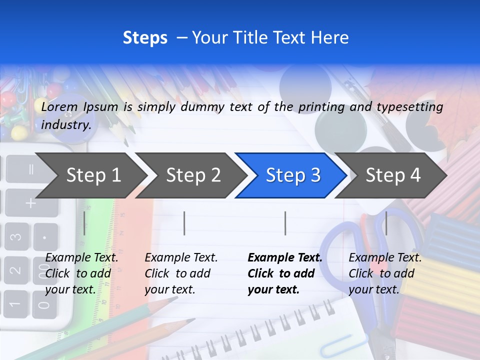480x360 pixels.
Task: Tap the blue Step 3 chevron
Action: point(292,175)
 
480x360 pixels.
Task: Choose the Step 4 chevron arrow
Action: point(392,175)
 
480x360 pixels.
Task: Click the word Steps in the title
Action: point(145,38)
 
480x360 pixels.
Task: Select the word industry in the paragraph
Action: point(65,124)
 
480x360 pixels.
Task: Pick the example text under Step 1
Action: point(81,273)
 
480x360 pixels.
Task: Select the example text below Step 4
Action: point(385,273)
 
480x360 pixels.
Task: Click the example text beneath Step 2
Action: point(181,273)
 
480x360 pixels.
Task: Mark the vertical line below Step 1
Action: point(84,223)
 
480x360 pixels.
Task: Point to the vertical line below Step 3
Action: point(285,223)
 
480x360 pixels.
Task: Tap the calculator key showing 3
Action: point(16,235)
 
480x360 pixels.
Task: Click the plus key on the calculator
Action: point(31,202)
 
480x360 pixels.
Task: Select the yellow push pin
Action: point(18,133)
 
